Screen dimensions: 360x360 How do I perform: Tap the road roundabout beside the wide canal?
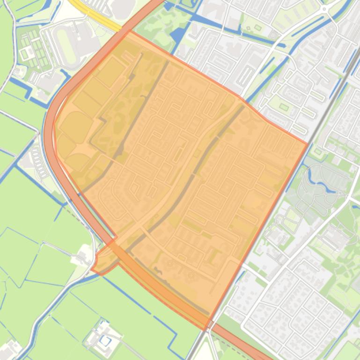pyautogui.click(x=324, y=9)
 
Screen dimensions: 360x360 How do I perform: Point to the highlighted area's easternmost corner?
pyautogui.click(x=307, y=144)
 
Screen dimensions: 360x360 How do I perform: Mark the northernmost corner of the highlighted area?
pyautogui.click(x=130, y=31)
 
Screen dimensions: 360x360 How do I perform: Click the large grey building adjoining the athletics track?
pyautogui.click(x=87, y=40)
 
